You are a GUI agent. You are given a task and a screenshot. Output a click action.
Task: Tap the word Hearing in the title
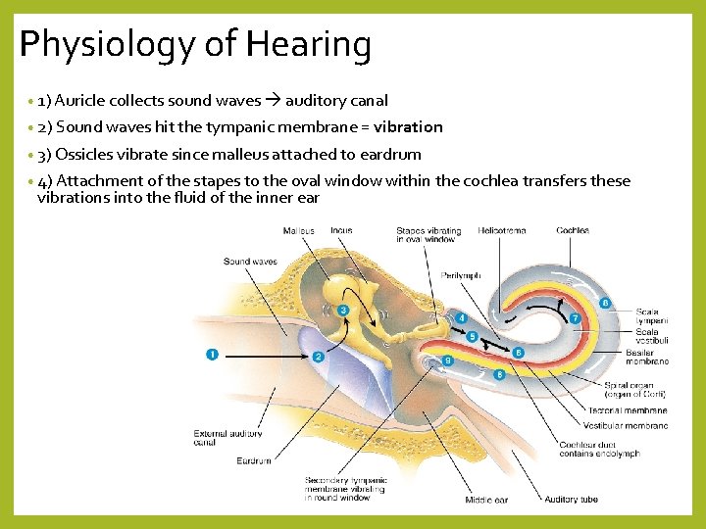point(310,45)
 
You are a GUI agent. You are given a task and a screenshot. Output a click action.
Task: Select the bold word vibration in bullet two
point(408,126)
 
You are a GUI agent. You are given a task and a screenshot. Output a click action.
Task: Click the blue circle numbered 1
point(212,354)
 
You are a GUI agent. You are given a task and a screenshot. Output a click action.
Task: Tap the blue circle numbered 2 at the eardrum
point(319,357)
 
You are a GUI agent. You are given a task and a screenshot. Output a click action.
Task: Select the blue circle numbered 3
point(343,311)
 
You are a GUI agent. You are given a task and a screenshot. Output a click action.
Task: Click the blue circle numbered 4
point(462,318)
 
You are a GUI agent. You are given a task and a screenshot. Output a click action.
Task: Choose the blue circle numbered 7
point(576,319)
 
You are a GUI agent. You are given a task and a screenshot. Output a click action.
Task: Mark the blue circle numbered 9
point(448,361)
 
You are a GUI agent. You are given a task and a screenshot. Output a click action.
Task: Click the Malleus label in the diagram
point(298,231)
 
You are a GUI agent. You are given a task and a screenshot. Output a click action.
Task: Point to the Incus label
point(341,231)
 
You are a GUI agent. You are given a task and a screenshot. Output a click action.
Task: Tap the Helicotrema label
point(501,231)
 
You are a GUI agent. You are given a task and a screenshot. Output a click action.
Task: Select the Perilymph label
point(461,275)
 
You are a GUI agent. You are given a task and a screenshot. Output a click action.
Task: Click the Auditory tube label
point(571,500)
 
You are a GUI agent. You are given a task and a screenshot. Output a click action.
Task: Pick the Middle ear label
point(486,500)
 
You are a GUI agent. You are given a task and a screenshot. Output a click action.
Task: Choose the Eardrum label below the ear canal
point(254,460)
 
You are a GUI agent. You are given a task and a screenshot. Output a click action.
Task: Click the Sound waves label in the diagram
point(250,262)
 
